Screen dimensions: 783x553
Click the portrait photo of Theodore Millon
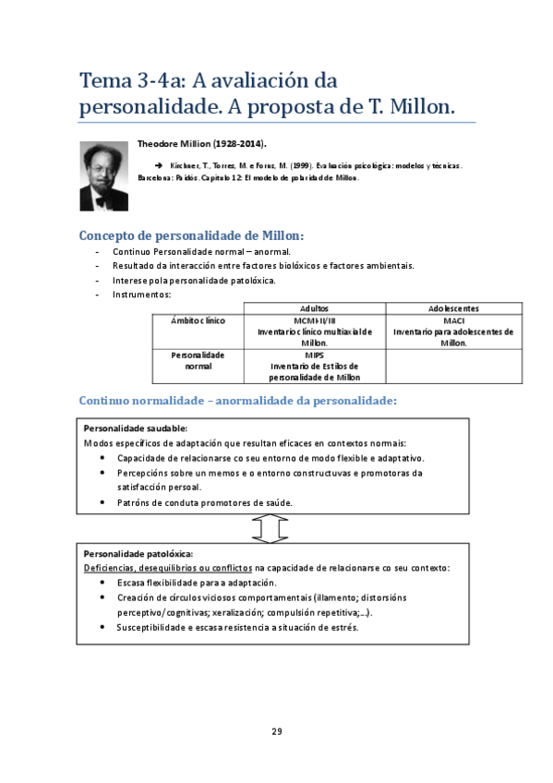pos(104,175)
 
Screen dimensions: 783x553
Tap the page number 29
pos(276,731)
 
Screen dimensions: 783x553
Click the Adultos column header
pos(314,308)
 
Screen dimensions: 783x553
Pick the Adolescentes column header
pos(453,308)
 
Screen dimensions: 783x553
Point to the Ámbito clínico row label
pos(198,320)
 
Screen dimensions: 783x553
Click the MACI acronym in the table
pos(453,320)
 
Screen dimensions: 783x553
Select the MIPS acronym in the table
pos(314,354)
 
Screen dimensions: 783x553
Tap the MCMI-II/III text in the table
pos(314,320)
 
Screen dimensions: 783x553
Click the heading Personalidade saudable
pos(136,428)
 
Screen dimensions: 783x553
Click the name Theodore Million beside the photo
pos(200,144)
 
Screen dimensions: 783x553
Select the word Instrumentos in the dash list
pos(141,295)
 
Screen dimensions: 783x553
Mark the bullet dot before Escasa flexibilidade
pos(101,583)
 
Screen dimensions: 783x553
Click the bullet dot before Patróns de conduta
pos(101,502)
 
